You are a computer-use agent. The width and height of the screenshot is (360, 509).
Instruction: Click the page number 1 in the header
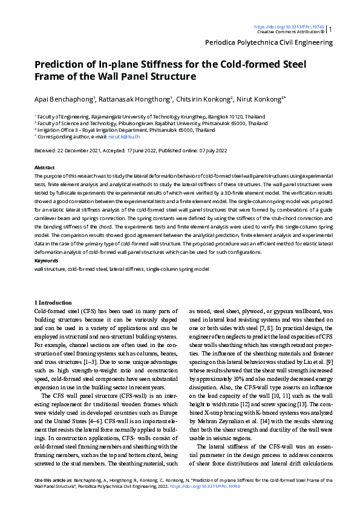[330, 29]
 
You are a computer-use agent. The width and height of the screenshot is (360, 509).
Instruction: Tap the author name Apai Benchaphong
[64, 99]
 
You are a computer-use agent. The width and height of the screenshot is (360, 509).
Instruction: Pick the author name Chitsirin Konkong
[205, 99]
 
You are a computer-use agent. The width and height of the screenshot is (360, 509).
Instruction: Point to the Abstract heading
[44, 167]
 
